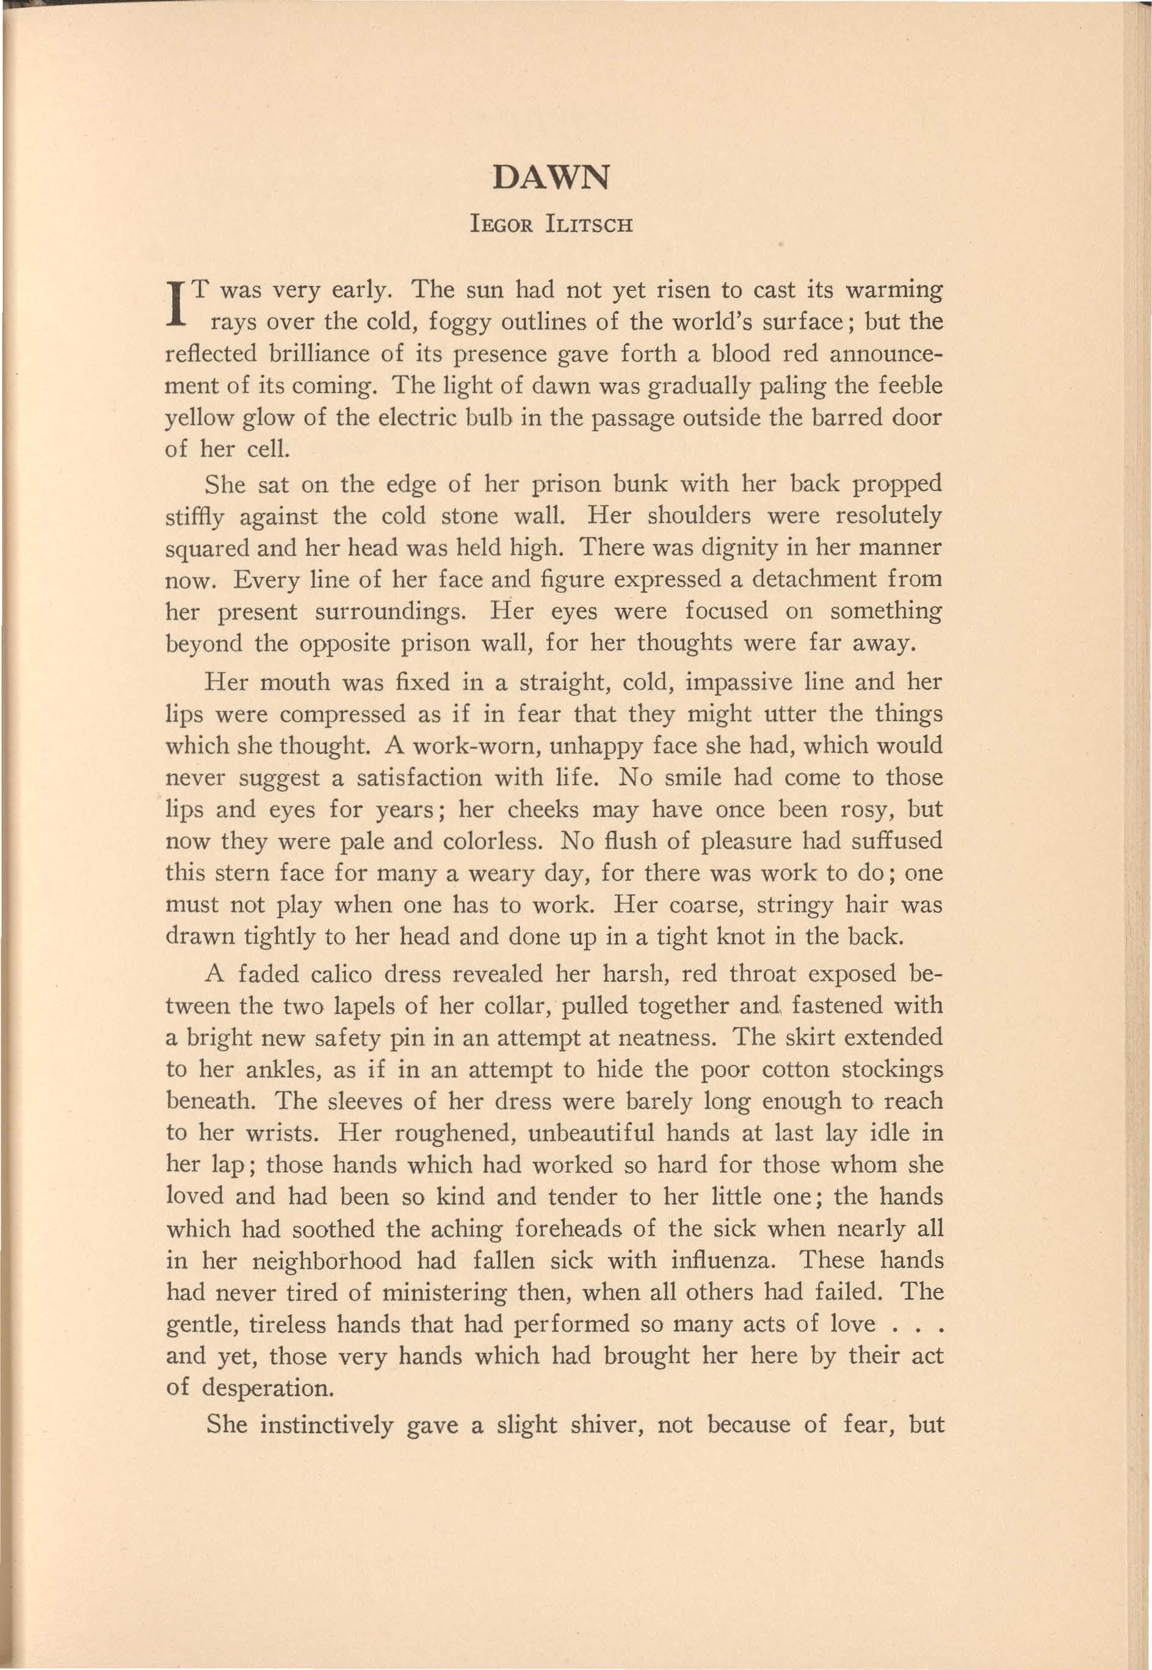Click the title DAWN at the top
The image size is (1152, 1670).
point(550,178)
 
